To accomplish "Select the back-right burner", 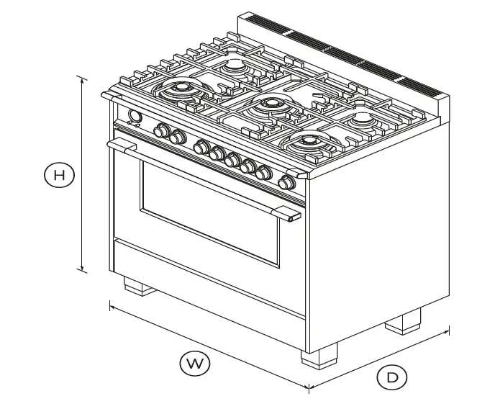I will pyautogui.click(x=360, y=117).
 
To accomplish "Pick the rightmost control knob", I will pyautogui.click(x=287, y=183).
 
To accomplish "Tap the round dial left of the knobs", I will pyautogui.click(x=134, y=117).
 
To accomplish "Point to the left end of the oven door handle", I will pyautogui.click(x=115, y=145).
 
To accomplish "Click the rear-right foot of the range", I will pyautogui.click(x=403, y=320).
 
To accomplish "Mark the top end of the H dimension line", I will pyautogui.click(x=83, y=77).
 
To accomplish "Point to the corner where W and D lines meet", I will pyautogui.click(x=309, y=388).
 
